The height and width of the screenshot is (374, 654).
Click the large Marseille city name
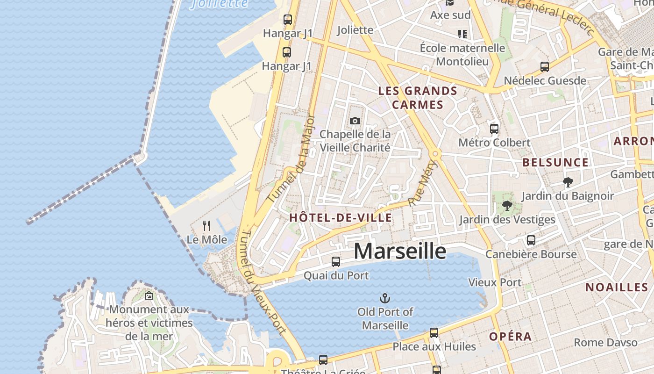pyautogui.click(x=400, y=251)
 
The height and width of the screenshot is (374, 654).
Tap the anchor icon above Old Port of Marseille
pyautogui.click(x=385, y=298)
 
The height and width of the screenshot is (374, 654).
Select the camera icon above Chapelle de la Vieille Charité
pyautogui.click(x=355, y=121)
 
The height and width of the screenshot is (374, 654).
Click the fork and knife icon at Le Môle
pyautogui.click(x=206, y=226)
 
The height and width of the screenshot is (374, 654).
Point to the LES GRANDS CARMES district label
pyautogui.click(x=418, y=97)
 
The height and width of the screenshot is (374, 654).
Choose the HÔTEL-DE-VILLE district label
pyautogui.click(x=341, y=217)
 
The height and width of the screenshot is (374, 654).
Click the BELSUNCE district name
pyautogui.click(x=555, y=163)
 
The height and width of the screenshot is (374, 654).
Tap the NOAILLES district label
pyautogui.click(x=617, y=287)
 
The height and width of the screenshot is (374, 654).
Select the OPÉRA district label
pyautogui.click(x=511, y=337)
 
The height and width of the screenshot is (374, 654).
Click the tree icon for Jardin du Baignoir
pyautogui.click(x=568, y=182)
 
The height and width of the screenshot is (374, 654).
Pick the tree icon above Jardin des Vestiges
pyautogui.click(x=507, y=206)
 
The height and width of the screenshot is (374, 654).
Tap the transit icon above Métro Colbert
pyautogui.click(x=494, y=129)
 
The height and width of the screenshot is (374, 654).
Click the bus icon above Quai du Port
pyautogui.click(x=336, y=262)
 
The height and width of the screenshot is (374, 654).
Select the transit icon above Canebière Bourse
pyautogui.click(x=531, y=240)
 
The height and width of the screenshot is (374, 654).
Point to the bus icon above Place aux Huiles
pyautogui.click(x=434, y=333)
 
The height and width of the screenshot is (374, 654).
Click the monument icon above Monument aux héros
pyautogui.click(x=149, y=295)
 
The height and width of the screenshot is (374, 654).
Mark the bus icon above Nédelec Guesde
pyautogui.click(x=544, y=67)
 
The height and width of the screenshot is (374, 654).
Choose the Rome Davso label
pyautogui.click(x=605, y=342)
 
